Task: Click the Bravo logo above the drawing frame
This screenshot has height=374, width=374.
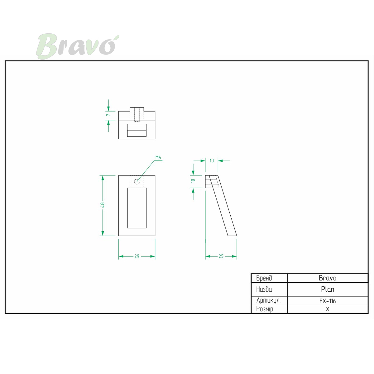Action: click(x=77, y=46)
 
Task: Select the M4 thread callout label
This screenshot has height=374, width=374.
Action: click(x=158, y=157)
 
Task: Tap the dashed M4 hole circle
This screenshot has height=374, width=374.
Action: click(x=137, y=182)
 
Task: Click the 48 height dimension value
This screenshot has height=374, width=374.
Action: click(x=103, y=205)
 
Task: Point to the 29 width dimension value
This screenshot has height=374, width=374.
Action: click(x=137, y=257)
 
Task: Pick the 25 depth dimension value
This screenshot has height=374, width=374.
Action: click(x=221, y=257)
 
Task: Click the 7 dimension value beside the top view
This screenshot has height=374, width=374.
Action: click(x=108, y=115)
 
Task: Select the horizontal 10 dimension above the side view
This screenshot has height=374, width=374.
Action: click(x=212, y=161)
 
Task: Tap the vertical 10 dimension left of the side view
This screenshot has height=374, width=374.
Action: click(x=193, y=181)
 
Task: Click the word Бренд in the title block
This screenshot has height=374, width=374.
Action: click(x=264, y=278)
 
